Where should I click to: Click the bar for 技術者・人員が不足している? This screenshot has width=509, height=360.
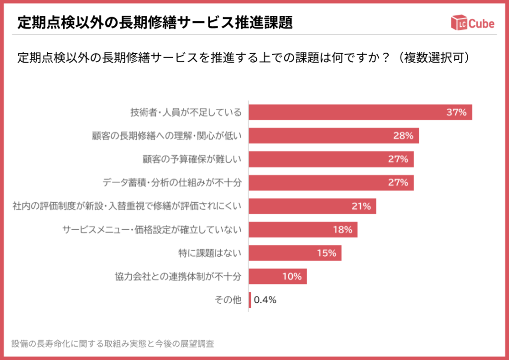click(x=348, y=112)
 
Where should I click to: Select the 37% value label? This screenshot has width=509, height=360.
click(x=456, y=112)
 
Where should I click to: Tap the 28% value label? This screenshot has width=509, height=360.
click(x=403, y=136)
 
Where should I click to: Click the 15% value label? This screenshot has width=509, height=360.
click(x=326, y=253)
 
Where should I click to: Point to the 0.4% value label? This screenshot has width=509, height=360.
click(x=265, y=300)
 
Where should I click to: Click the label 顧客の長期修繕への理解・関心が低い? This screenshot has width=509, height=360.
click(x=167, y=136)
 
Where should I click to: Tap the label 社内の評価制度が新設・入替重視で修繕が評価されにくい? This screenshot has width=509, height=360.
click(x=127, y=206)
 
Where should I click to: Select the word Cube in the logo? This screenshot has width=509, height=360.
click(x=481, y=23)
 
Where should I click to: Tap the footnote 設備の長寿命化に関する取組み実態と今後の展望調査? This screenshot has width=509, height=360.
click(x=113, y=344)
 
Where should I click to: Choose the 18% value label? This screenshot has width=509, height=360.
click(x=342, y=229)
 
